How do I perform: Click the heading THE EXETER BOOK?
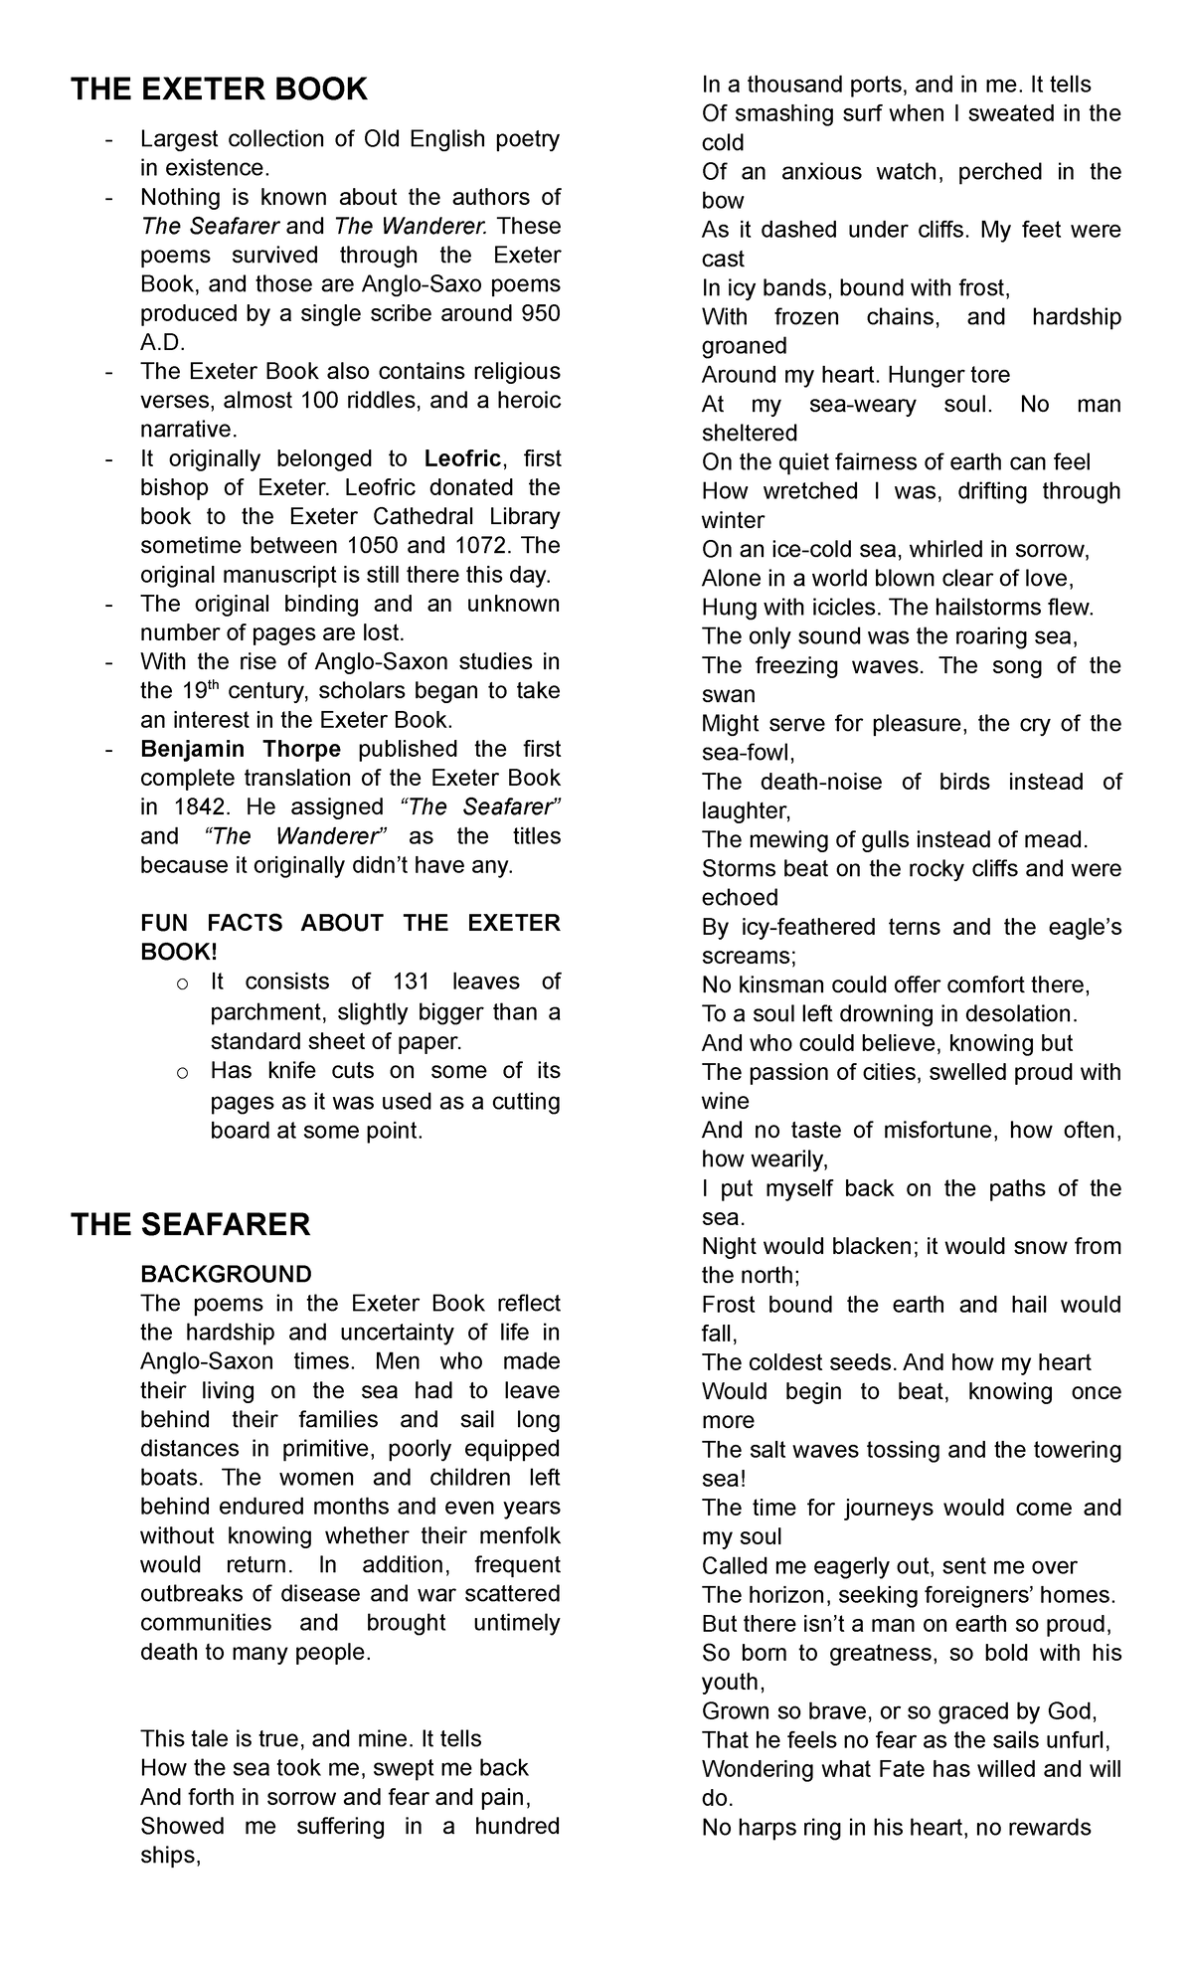(x=219, y=89)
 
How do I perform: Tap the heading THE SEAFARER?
(x=190, y=1224)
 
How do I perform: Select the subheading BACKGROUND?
(x=226, y=1274)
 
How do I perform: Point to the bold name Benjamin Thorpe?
(x=241, y=749)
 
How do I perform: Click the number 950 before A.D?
(x=540, y=313)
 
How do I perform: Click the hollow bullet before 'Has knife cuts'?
(x=181, y=1072)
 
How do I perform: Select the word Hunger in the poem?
(x=923, y=375)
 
